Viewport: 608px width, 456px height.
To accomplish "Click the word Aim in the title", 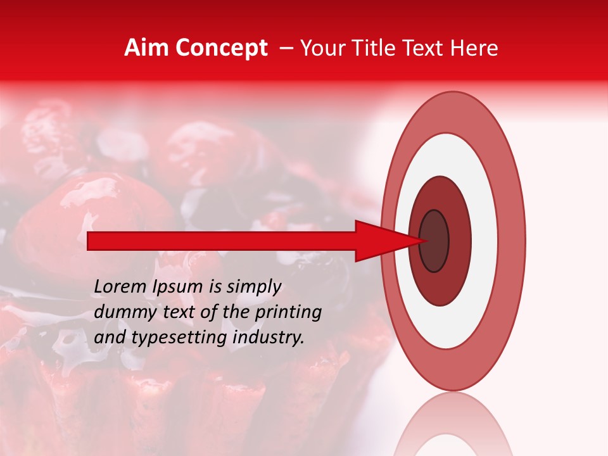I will pos(146,48).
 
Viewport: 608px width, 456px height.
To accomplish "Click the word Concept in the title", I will pos(221,48).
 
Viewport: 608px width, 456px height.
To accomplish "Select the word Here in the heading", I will pos(475,48).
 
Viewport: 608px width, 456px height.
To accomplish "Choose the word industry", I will pos(269,338).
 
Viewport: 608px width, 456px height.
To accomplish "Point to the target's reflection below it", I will pos(453,427).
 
